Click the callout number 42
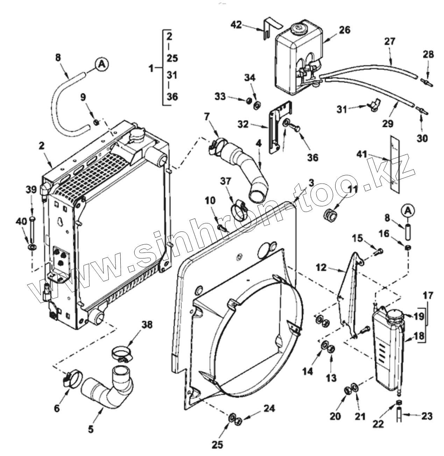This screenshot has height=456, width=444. point(237,24)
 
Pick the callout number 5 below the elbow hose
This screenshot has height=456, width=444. point(91,429)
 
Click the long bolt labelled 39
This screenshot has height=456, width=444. point(33,231)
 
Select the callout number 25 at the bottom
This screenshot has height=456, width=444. point(217,444)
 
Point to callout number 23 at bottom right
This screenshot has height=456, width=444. point(427,416)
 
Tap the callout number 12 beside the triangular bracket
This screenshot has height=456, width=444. point(322,268)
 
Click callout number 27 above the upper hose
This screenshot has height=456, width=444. point(389,41)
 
